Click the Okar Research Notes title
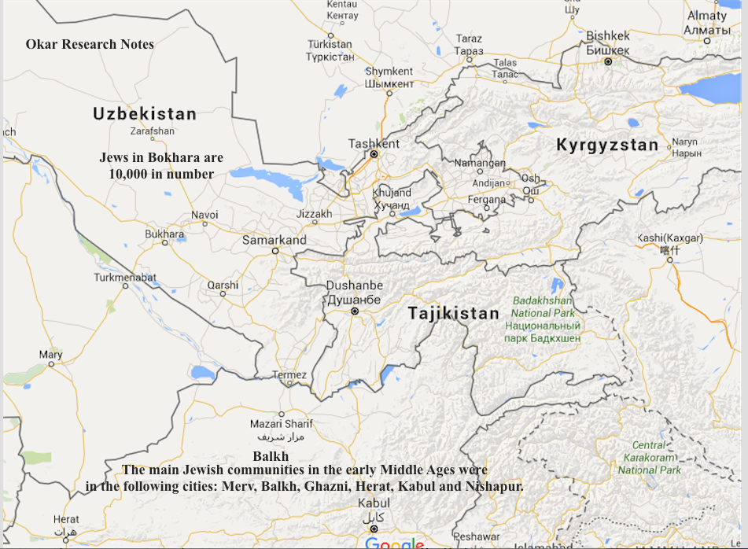[90, 44]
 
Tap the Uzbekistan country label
[145, 114]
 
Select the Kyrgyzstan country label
[607, 145]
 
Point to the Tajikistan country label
[454, 313]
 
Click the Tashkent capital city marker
[374, 155]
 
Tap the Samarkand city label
[274, 240]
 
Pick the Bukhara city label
[164, 234]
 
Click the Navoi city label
[205, 215]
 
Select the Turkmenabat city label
[125, 278]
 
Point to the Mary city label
[50, 355]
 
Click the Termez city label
[289, 375]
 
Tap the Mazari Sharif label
[281, 424]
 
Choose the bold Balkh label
[271, 456]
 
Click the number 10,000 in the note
[131, 174]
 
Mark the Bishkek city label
[608, 37]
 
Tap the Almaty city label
[707, 16]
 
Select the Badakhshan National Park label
[543, 307]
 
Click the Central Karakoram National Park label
[649, 458]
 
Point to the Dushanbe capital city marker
[355, 311]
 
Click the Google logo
[394, 543]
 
